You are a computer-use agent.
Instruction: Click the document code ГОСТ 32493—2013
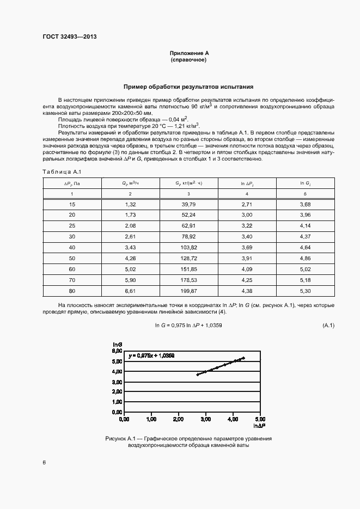[x=69, y=38]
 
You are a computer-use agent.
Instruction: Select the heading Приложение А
[x=189, y=53]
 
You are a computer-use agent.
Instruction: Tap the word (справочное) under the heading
[x=188, y=59]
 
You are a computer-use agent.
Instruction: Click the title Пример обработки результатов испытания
[x=188, y=87]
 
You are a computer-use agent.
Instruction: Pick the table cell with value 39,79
[x=188, y=204]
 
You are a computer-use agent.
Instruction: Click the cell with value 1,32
[x=130, y=204]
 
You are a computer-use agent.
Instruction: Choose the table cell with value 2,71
[x=247, y=204]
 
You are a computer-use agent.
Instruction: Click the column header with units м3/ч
[x=130, y=183]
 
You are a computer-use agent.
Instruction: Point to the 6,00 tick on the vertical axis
[x=117, y=352]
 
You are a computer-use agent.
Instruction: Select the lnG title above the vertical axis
[x=117, y=344]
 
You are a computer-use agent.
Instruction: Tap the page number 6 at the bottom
[x=44, y=462]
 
